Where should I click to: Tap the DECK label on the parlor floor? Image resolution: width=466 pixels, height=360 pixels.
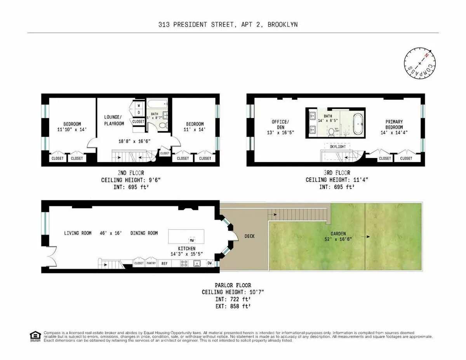point(249,236)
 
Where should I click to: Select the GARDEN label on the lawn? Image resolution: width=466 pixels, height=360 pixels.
point(338,233)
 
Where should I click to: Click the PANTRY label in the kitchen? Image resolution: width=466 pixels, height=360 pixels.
point(151,263)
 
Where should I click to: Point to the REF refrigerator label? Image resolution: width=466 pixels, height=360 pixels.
point(164,263)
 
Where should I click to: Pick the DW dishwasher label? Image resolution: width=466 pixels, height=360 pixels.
point(210,263)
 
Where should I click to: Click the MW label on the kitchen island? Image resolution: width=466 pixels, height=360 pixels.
point(191,240)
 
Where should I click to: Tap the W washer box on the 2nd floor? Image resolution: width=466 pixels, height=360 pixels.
point(139,105)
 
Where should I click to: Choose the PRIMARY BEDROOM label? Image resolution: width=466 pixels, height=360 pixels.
point(394,124)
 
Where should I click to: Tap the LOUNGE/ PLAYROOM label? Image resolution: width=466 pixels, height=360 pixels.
point(114,120)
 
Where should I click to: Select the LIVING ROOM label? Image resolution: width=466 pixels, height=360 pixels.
point(78,233)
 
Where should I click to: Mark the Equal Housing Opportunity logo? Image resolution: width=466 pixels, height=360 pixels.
point(35,336)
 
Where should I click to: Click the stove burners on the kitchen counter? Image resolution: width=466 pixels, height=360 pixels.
point(184,263)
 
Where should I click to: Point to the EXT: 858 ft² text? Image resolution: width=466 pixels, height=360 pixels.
point(233,306)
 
